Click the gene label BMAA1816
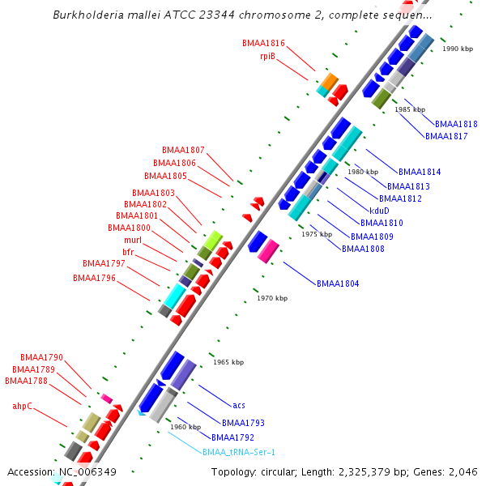[x=263, y=43]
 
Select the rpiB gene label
[x=267, y=57]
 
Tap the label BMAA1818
[x=456, y=124]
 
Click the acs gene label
[x=239, y=405]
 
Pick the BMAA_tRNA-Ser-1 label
[x=239, y=452]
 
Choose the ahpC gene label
[x=22, y=406]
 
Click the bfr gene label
[x=128, y=253]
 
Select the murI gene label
[x=133, y=241]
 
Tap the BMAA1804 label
[x=338, y=283]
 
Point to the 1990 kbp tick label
[x=458, y=49]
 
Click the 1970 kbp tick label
[x=272, y=298]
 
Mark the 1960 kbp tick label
[x=185, y=427]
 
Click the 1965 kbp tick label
[x=228, y=362]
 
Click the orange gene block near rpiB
[x=329, y=81]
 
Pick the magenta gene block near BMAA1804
[x=269, y=250]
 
